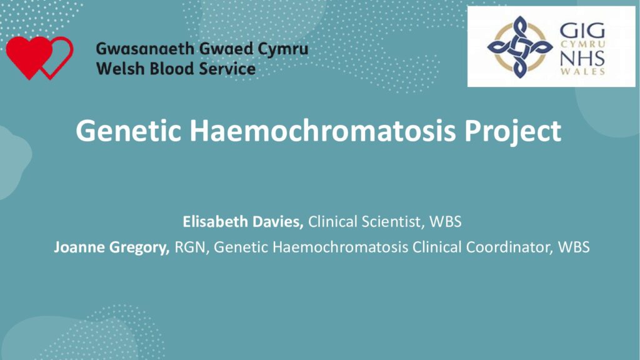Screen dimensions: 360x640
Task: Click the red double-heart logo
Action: click(x=39, y=57)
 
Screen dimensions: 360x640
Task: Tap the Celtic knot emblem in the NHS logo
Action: click(x=519, y=47)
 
